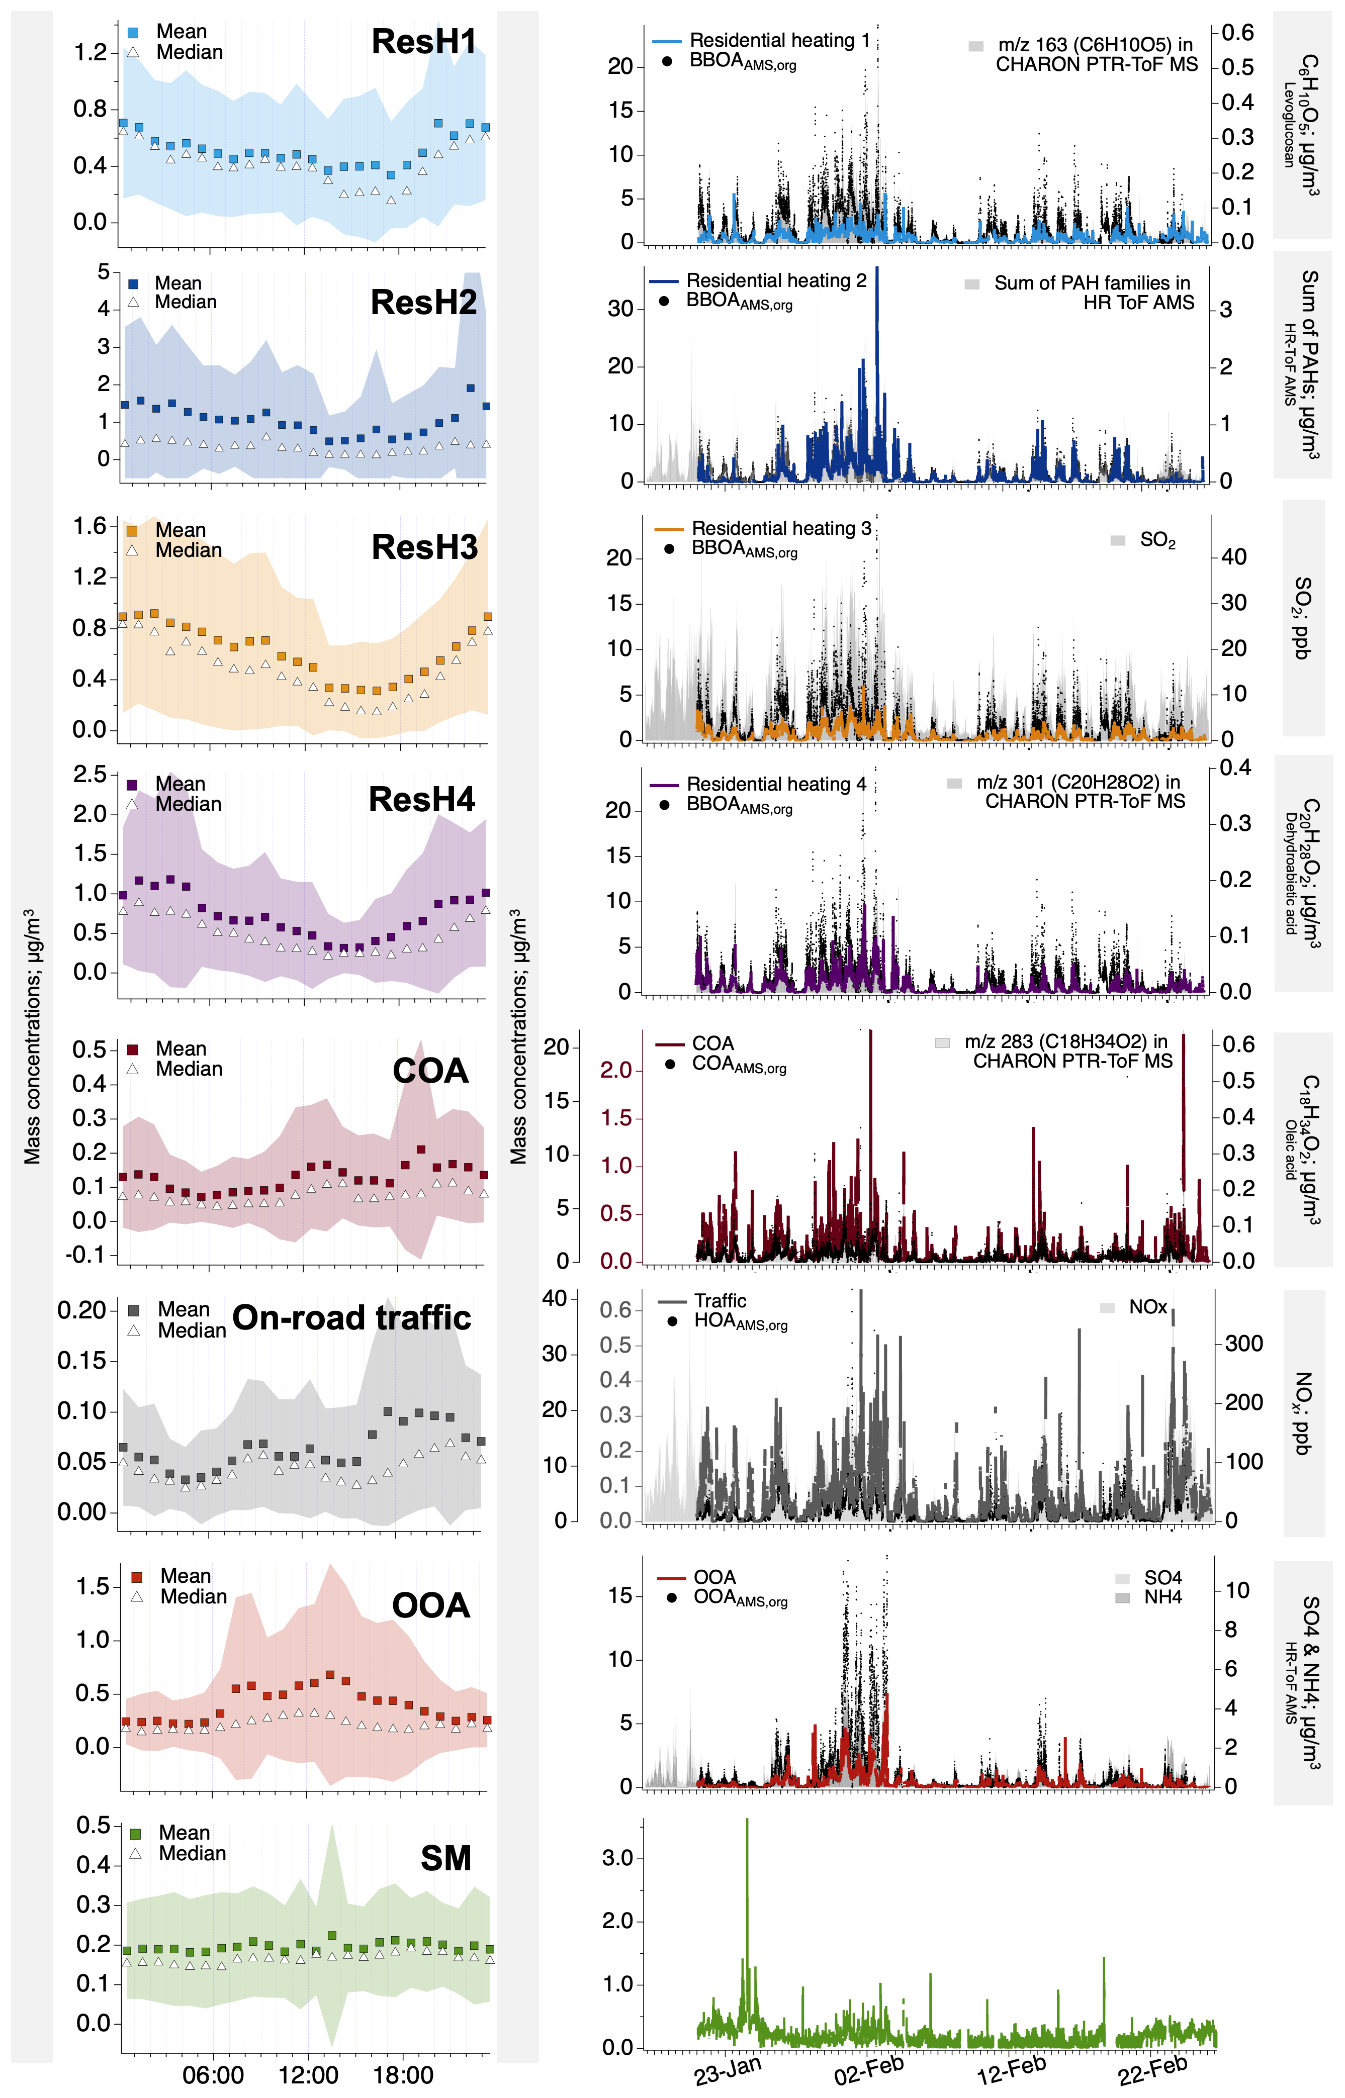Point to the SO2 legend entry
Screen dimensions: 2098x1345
tap(1157, 540)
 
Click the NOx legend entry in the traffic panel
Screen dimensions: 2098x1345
tap(1147, 1307)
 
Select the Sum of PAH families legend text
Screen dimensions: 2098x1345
tap(1092, 283)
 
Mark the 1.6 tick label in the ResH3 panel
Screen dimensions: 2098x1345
tap(90, 526)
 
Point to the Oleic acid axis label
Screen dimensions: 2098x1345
tap(1290, 1149)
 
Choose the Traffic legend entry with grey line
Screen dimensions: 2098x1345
tap(720, 1301)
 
